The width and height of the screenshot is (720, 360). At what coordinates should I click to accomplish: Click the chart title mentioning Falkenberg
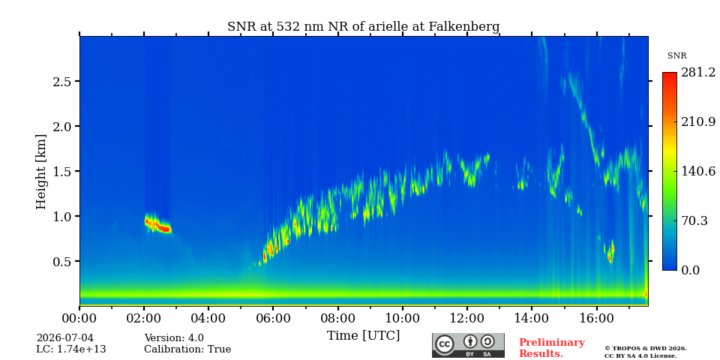pos(363,27)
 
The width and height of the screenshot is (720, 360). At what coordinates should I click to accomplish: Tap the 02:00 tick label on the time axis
pos(144,318)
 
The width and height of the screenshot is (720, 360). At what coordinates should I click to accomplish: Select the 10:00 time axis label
pos(403,318)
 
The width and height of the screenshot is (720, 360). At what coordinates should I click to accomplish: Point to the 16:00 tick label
pos(596,318)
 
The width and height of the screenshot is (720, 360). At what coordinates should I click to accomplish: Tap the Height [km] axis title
pos(41,172)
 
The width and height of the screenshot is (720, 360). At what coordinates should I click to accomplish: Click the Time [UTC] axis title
pos(363,336)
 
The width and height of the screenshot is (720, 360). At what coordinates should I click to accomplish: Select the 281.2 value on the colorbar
pos(698,73)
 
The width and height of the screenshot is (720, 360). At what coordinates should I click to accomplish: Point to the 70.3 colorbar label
pos(694,220)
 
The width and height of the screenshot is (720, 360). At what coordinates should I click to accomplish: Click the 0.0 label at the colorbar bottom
pos(690,270)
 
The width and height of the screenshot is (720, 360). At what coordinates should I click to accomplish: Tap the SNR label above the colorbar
pos(676,56)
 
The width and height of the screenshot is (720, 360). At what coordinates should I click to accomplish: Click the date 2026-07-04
pos(65,338)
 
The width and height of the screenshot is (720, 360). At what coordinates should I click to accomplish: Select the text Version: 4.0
pos(174,338)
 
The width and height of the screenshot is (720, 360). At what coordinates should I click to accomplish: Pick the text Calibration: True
pos(187,349)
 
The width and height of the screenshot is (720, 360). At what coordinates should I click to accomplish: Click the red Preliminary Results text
pos(551,348)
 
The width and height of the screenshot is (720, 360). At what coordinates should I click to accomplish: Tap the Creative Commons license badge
pos(468,345)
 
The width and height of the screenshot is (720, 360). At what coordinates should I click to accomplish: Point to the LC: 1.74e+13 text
pos(71,349)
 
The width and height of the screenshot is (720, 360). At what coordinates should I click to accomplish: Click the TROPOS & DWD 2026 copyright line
pos(646,349)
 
